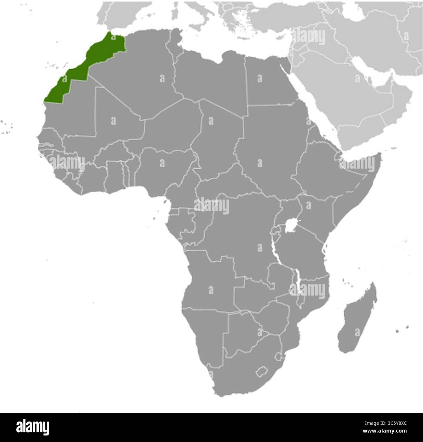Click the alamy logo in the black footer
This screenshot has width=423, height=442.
tap(29, 427)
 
